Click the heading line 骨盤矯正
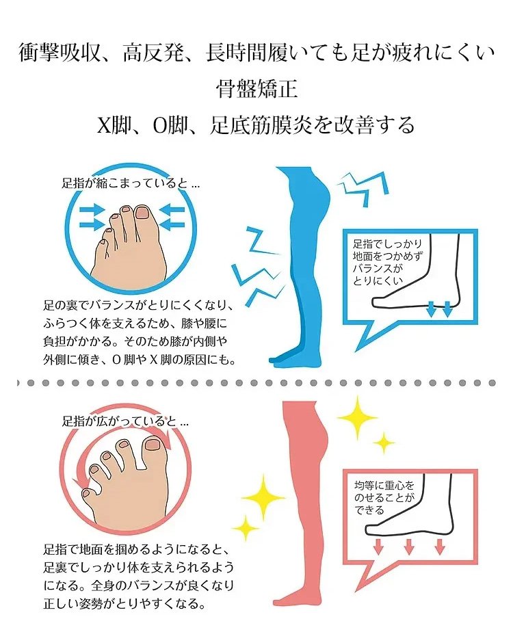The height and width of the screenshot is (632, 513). point(256,89)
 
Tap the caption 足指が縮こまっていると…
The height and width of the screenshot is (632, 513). point(131,184)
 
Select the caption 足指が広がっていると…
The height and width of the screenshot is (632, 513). point(125,421)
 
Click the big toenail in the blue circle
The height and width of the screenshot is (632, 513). point(143,213)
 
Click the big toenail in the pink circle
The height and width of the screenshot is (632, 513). point(153,445)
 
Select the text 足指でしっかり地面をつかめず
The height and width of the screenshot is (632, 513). point(387,250)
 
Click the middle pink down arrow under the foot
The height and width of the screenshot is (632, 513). point(409,546)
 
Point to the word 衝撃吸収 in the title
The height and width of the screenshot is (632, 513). point(60,53)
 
